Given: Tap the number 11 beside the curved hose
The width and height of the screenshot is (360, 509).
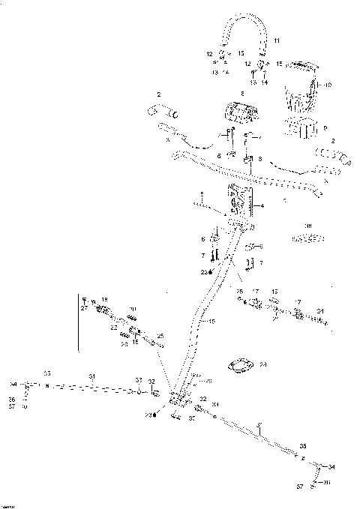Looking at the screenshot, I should click(276, 39).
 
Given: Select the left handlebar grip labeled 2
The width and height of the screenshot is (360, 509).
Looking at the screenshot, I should click(163, 114).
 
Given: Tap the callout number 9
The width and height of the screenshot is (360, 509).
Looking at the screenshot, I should click(325, 129).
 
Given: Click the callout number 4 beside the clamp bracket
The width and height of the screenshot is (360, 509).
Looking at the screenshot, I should click(262, 205).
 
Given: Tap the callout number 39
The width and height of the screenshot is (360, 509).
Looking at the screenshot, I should click(307, 226).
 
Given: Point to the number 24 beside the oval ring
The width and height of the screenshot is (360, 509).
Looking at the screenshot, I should click(262, 365).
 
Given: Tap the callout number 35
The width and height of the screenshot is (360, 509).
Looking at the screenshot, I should click(303, 444).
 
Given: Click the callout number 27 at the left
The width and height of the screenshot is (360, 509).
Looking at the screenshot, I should click(85, 307).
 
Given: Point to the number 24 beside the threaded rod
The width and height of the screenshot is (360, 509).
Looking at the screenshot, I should click(320, 310).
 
